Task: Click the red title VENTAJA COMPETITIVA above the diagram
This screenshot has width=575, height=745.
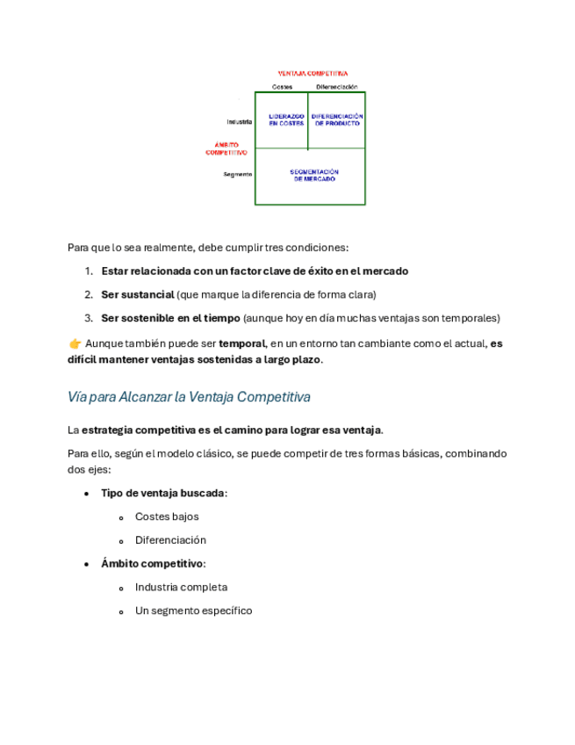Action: pyautogui.click(x=313, y=74)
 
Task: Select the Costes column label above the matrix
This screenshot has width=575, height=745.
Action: pyautogui.click(x=282, y=87)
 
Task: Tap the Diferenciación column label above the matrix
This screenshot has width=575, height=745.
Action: pyautogui.click(x=337, y=87)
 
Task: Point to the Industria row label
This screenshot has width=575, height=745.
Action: pyautogui.click(x=239, y=121)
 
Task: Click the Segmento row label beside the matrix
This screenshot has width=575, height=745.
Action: pyautogui.click(x=238, y=174)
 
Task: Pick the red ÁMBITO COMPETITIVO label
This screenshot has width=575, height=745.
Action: pyautogui.click(x=226, y=148)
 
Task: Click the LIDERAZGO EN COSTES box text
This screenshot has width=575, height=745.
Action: pyautogui.click(x=286, y=120)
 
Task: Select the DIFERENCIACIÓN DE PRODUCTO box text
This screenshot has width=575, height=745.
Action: pyautogui.click(x=337, y=120)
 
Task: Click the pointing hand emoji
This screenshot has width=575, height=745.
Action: pyautogui.click(x=75, y=344)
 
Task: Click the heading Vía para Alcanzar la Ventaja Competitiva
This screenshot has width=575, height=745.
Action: pyautogui.click(x=189, y=397)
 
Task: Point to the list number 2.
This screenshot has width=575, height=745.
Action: pyautogui.click(x=89, y=294)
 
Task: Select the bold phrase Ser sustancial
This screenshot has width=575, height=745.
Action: pyautogui.click(x=137, y=294)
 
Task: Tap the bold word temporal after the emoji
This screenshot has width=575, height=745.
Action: pyautogui.click(x=241, y=344)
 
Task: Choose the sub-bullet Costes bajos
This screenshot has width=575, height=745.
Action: pyautogui.click(x=167, y=517)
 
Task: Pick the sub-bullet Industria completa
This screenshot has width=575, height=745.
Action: pyautogui.click(x=181, y=587)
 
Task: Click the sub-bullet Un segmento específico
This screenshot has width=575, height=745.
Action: pyautogui.click(x=193, y=611)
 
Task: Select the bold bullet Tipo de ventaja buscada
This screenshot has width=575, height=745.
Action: pyautogui.click(x=162, y=493)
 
